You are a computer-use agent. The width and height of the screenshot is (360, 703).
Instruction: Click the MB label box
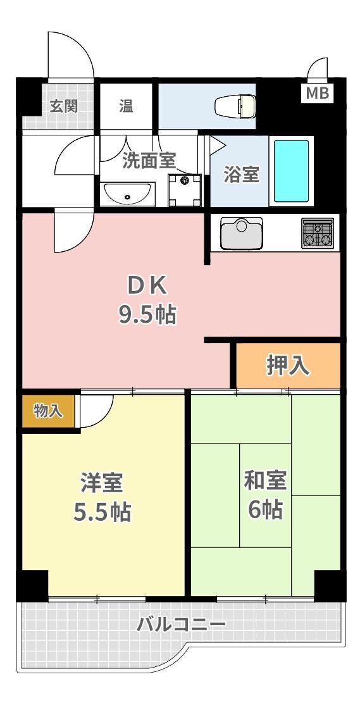[318, 93]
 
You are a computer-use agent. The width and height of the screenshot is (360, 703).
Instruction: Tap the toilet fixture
[235, 106]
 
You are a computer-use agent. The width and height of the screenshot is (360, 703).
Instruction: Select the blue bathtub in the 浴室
[291, 171]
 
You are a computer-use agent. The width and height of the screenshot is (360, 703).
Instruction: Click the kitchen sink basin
[241, 233]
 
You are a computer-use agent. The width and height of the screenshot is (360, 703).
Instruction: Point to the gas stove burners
[318, 233]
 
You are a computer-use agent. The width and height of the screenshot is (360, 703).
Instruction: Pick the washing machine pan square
[185, 190]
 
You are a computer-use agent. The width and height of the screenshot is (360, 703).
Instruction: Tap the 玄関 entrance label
[63, 106]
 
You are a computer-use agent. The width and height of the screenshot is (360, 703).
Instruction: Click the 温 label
[126, 106]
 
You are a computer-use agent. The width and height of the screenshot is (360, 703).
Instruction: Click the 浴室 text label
[242, 175]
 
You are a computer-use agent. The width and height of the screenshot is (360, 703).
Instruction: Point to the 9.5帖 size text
[147, 314]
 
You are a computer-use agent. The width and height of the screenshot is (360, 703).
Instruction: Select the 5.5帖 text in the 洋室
[102, 512]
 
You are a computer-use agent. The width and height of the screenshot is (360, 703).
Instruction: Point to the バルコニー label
[182, 624]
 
